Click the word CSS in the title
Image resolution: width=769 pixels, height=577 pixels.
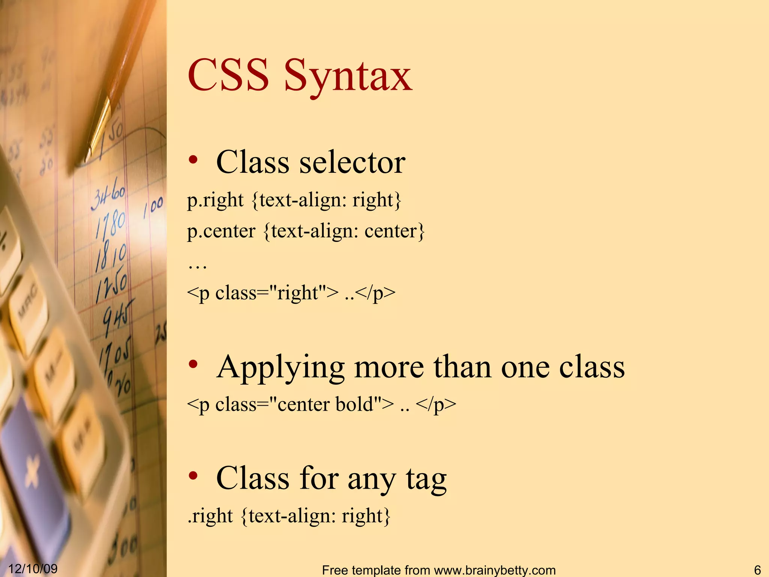point(228,75)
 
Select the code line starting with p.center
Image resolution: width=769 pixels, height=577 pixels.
point(306,231)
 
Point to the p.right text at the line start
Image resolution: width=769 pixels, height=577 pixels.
point(215,200)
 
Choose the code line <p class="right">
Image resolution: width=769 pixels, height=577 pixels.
point(291,293)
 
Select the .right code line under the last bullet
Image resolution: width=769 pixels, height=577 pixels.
point(289,515)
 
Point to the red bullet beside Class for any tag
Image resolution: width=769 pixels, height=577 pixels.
point(193,476)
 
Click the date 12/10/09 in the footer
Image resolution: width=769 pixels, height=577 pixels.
point(33,568)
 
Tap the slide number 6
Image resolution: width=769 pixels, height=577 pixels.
point(757,570)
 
